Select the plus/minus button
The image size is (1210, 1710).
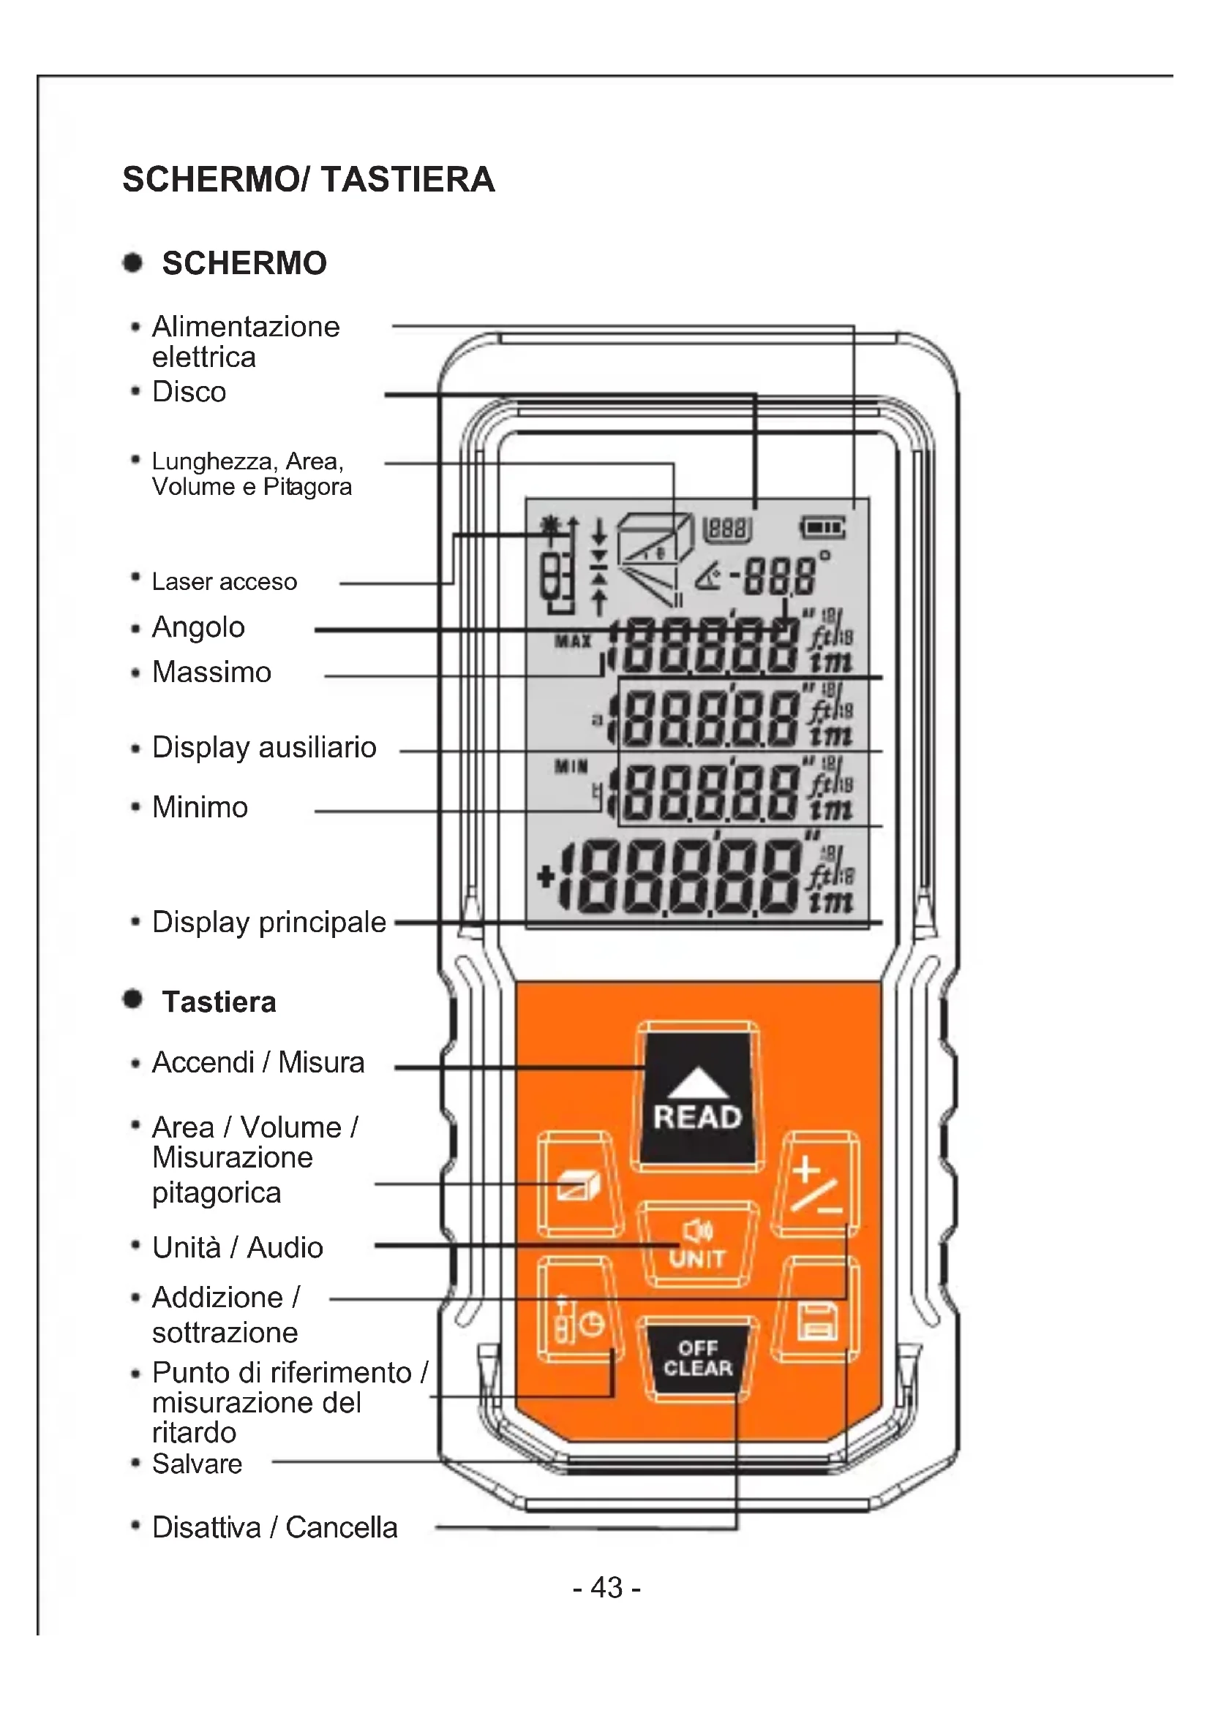[x=816, y=1185]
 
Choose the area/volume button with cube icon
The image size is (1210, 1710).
[x=579, y=1185]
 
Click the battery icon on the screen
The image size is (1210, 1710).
[x=822, y=528]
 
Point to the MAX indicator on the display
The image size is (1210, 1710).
[x=572, y=640]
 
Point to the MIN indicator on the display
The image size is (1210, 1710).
[x=571, y=765]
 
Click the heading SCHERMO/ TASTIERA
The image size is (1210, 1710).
[x=309, y=180]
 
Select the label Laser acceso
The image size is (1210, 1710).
[x=225, y=582]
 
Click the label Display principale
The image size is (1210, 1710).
[x=269, y=922]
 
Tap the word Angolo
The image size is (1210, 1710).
[x=198, y=627]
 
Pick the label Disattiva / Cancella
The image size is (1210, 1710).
[x=274, y=1527]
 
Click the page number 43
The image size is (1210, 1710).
[x=606, y=1588]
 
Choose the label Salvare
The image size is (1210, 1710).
[x=197, y=1464]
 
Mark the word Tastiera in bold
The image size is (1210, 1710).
[x=219, y=1002]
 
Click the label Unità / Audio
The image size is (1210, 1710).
[x=238, y=1247]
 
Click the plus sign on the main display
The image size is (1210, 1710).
[x=546, y=877]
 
